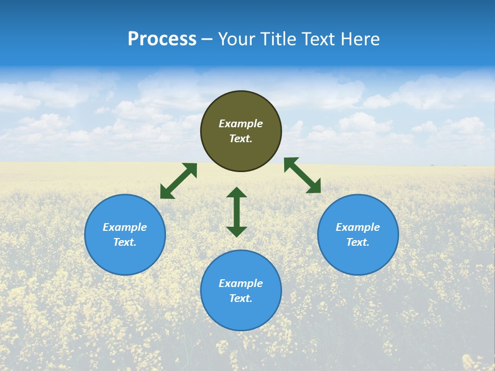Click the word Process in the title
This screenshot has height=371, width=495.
pos(162,39)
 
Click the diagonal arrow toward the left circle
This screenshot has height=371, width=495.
pos(178,181)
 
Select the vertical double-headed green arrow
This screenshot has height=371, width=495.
pos(237,212)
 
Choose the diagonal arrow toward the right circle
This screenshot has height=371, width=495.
pos(302,175)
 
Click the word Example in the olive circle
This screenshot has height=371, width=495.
pos(241,124)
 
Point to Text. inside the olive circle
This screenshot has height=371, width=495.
pos(241,139)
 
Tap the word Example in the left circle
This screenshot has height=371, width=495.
pos(125,227)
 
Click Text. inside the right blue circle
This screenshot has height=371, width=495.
pos(358,242)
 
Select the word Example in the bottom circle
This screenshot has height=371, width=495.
pos(241,283)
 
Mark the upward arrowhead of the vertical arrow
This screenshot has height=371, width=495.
pos(237,193)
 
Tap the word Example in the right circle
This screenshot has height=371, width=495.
pos(358,227)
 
